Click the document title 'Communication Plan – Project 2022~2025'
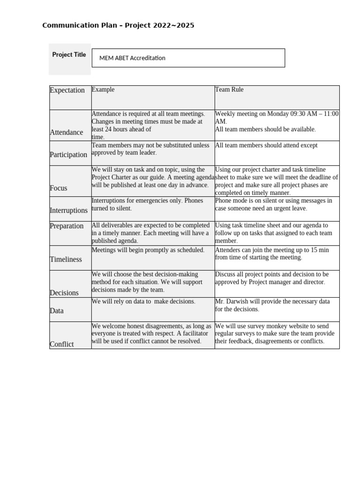[118, 25]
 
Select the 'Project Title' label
[69, 55]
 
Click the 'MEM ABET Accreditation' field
[188, 58]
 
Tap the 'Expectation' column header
[67, 90]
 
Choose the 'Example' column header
[103, 90]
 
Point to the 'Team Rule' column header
[229, 90]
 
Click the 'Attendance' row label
[66, 132]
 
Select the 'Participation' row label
[68, 155]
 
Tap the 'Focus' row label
[59, 188]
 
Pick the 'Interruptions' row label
[68, 210]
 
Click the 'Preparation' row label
[67, 226]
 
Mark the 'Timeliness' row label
[66, 259]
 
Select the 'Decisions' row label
[64, 292]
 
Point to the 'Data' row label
[57, 311]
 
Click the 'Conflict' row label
[62, 344]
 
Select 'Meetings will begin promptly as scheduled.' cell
[148, 250]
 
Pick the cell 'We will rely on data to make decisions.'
[143, 301]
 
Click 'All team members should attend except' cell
[266, 145]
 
